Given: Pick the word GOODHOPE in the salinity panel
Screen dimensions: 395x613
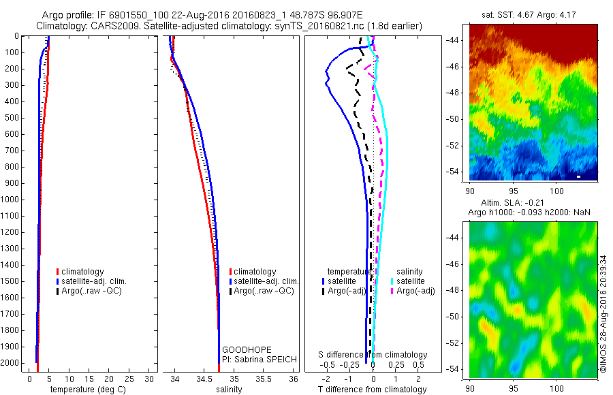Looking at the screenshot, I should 242,349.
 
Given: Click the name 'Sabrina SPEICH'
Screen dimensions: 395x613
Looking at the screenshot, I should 262,359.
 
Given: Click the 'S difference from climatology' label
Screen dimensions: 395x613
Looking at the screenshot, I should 374,355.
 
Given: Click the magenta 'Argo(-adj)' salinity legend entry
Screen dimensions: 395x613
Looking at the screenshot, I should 415,291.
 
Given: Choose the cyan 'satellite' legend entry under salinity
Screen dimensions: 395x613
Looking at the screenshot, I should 411,281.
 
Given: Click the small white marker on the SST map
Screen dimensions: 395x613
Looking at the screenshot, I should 578,176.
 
